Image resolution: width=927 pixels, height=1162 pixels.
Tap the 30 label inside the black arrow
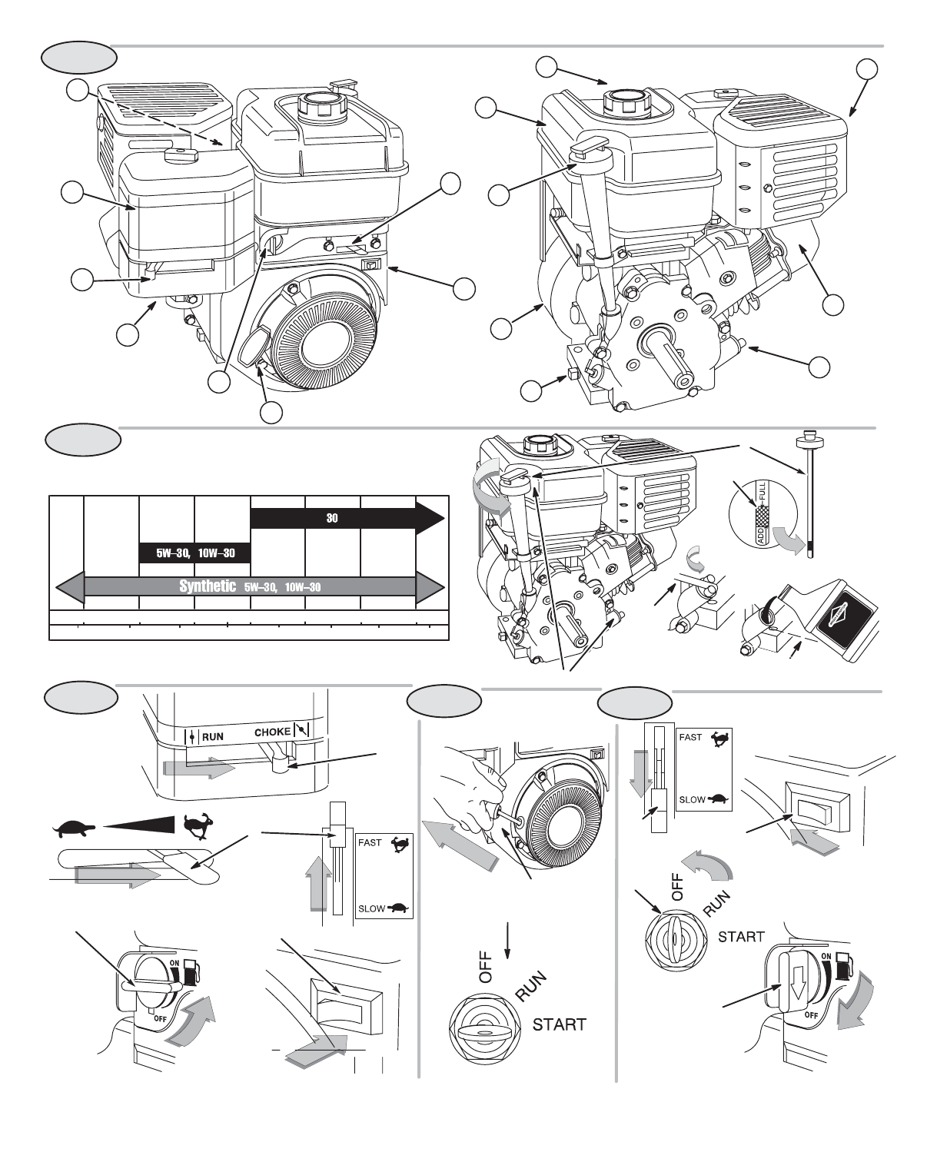coord(332,518)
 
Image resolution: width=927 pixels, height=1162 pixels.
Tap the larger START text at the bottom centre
coord(560,1024)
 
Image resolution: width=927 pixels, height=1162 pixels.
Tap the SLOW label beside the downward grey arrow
coord(691,799)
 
